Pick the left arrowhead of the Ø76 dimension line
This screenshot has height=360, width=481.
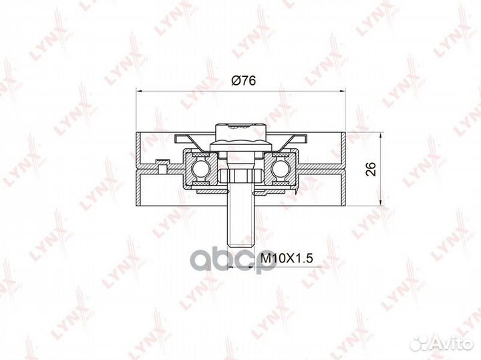coord(139,91)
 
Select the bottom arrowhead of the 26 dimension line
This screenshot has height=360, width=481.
coord(381,203)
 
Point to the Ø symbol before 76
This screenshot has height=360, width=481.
coord(234,81)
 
